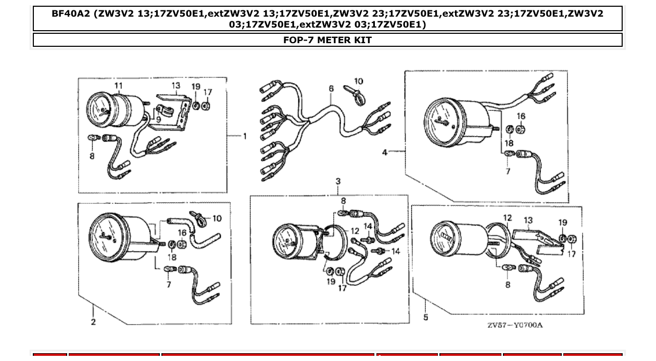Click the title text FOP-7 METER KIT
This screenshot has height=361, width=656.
point(327,40)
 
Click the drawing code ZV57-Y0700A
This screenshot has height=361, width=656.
point(514,325)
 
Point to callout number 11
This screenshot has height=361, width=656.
point(119,85)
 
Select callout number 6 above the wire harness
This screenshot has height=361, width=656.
point(331,89)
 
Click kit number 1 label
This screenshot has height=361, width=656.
point(244,136)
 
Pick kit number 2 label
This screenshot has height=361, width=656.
point(93,322)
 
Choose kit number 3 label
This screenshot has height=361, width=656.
point(338,182)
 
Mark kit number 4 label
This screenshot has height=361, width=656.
point(385,152)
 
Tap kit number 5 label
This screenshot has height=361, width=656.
point(425,317)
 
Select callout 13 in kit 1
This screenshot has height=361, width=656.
point(175,86)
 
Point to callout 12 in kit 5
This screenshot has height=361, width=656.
point(507,218)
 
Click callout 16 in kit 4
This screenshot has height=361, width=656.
point(521,116)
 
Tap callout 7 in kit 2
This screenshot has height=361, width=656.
point(168,285)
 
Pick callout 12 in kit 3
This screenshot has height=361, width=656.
point(355,230)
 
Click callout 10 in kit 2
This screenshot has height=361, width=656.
point(217,218)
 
